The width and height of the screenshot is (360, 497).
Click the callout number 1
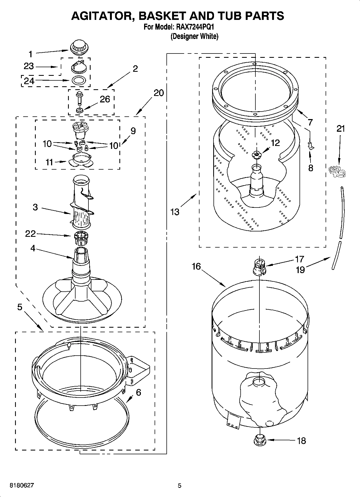point(30,54)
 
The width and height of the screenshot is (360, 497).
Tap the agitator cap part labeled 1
point(79,48)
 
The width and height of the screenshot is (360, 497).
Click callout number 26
point(105,99)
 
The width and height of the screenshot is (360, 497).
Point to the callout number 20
point(159,93)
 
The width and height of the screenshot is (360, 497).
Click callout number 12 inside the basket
point(275,143)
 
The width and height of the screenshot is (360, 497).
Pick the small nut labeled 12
point(256,154)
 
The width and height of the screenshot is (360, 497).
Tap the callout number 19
point(300,270)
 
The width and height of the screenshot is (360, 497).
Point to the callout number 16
point(196,266)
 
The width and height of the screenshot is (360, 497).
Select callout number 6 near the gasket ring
point(138,392)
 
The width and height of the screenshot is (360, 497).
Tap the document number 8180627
point(22,485)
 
